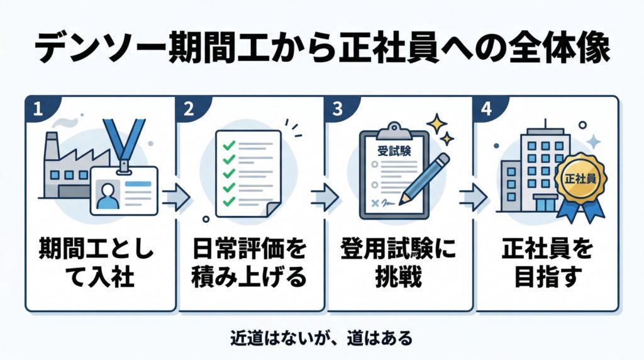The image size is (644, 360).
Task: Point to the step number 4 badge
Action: tap(486, 108)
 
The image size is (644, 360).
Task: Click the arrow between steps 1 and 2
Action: tap(175, 197)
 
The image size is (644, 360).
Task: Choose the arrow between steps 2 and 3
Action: tap(325, 197)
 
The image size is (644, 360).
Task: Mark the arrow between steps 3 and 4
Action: tap(474, 197)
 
